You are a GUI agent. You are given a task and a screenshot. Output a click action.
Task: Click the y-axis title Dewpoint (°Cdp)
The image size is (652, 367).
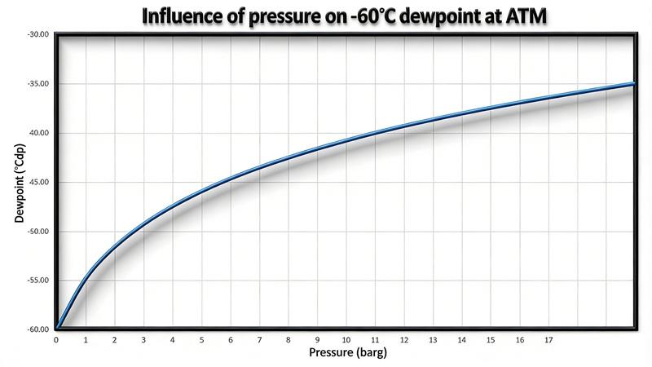[x=18, y=183]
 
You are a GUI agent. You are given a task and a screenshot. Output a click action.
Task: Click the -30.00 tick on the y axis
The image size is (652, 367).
[x=38, y=34]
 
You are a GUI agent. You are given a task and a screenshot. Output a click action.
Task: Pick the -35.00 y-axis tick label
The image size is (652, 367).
[x=38, y=84]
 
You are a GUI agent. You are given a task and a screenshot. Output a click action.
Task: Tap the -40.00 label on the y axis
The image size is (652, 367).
[x=38, y=133]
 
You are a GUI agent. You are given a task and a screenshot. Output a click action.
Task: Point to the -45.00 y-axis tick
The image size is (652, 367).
[x=38, y=182]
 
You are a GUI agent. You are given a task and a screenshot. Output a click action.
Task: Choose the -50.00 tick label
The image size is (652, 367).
[x=38, y=232]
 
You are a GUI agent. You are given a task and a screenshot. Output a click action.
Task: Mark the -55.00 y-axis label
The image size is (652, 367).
[x=38, y=281]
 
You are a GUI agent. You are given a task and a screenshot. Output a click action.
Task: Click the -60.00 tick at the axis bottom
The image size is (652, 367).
[x=38, y=329]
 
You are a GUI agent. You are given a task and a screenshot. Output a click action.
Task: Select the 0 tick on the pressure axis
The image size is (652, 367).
[x=56, y=339]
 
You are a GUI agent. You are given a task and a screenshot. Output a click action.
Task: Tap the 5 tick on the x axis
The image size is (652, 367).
[x=201, y=339]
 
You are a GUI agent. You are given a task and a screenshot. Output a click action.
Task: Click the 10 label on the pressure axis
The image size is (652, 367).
[x=346, y=339]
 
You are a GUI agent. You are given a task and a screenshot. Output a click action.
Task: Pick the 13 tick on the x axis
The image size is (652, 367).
[x=433, y=339]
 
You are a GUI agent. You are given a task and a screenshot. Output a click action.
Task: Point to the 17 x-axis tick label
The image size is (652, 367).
[x=548, y=339]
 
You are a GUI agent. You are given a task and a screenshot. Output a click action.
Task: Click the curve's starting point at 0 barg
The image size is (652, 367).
[x=58, y=328]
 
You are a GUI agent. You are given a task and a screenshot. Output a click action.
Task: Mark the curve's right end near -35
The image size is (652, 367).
[x=632, y=84]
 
